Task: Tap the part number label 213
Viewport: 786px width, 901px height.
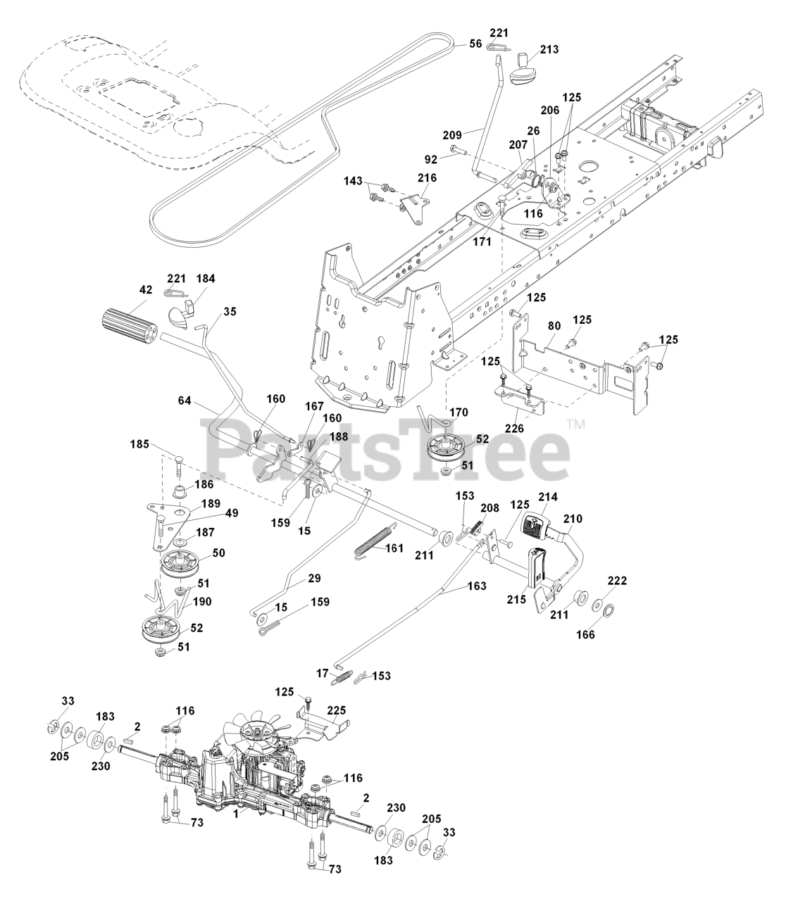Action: tap(550, 49)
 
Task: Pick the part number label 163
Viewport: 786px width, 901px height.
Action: tap(476, 586)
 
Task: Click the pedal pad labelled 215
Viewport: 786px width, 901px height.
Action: tap(538, 572)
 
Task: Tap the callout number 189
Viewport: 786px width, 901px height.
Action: tap(211, 503)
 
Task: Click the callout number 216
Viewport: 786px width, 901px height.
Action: tap(427, 178)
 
